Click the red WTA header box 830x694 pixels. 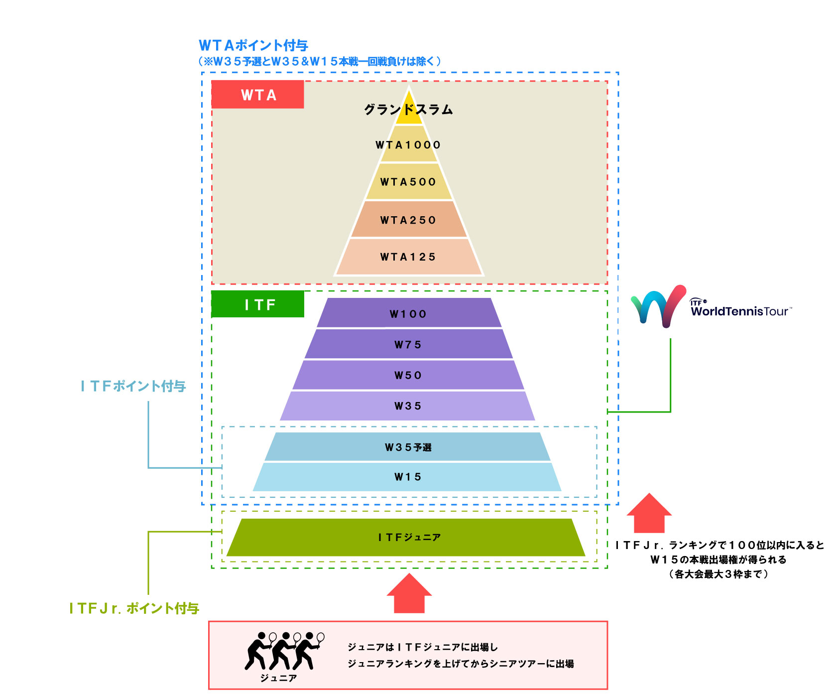tap(257, 95)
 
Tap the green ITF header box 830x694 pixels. tap(257, 304)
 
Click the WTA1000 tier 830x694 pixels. tap(409, 144)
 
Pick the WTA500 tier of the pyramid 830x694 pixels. tap(409, 182)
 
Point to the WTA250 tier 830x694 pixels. tap(409, 220)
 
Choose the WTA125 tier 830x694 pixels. tap(409, 257)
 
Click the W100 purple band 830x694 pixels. tap(409, 313)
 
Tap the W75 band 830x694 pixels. tap(409, 344)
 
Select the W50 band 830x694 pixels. tap(409, 375)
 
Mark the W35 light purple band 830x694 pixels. tap(409, 406)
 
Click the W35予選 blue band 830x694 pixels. tap(409, 447)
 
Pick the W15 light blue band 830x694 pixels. tap(409, 477)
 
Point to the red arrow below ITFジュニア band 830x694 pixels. tap(409, 593)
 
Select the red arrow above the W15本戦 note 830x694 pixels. tap(649, 513)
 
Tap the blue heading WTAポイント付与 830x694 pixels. tap(253, 45)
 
